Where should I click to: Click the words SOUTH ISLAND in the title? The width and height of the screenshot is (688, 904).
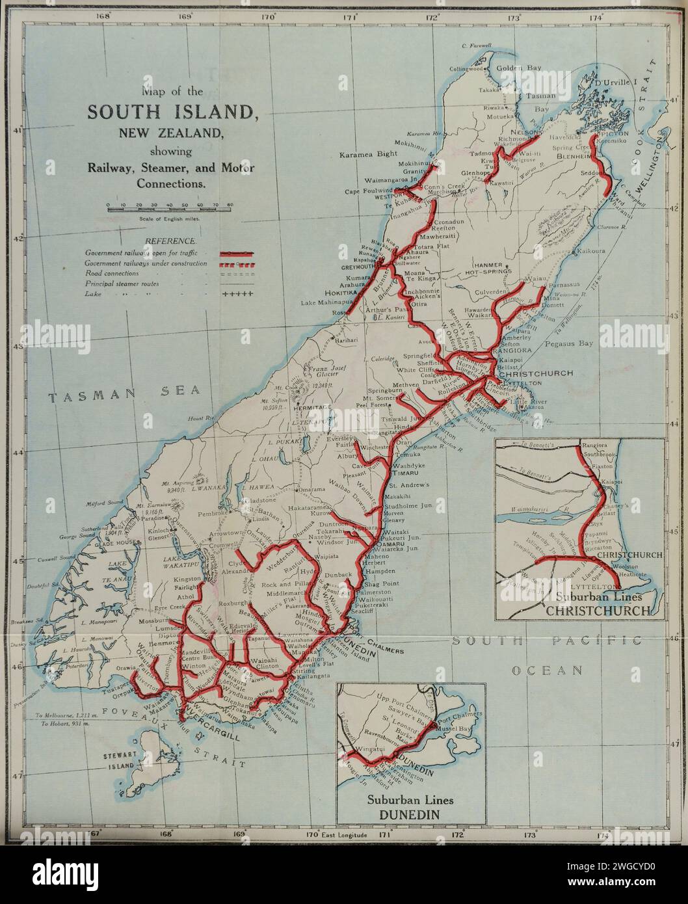pos(171,112)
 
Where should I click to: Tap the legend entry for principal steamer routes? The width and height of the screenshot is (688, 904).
pos(140,284)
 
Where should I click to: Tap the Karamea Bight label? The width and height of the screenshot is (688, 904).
pos(369,155)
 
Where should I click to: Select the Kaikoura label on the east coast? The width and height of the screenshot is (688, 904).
pos(590,250)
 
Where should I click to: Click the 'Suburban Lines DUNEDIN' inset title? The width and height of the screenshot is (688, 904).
pos(410,806)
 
